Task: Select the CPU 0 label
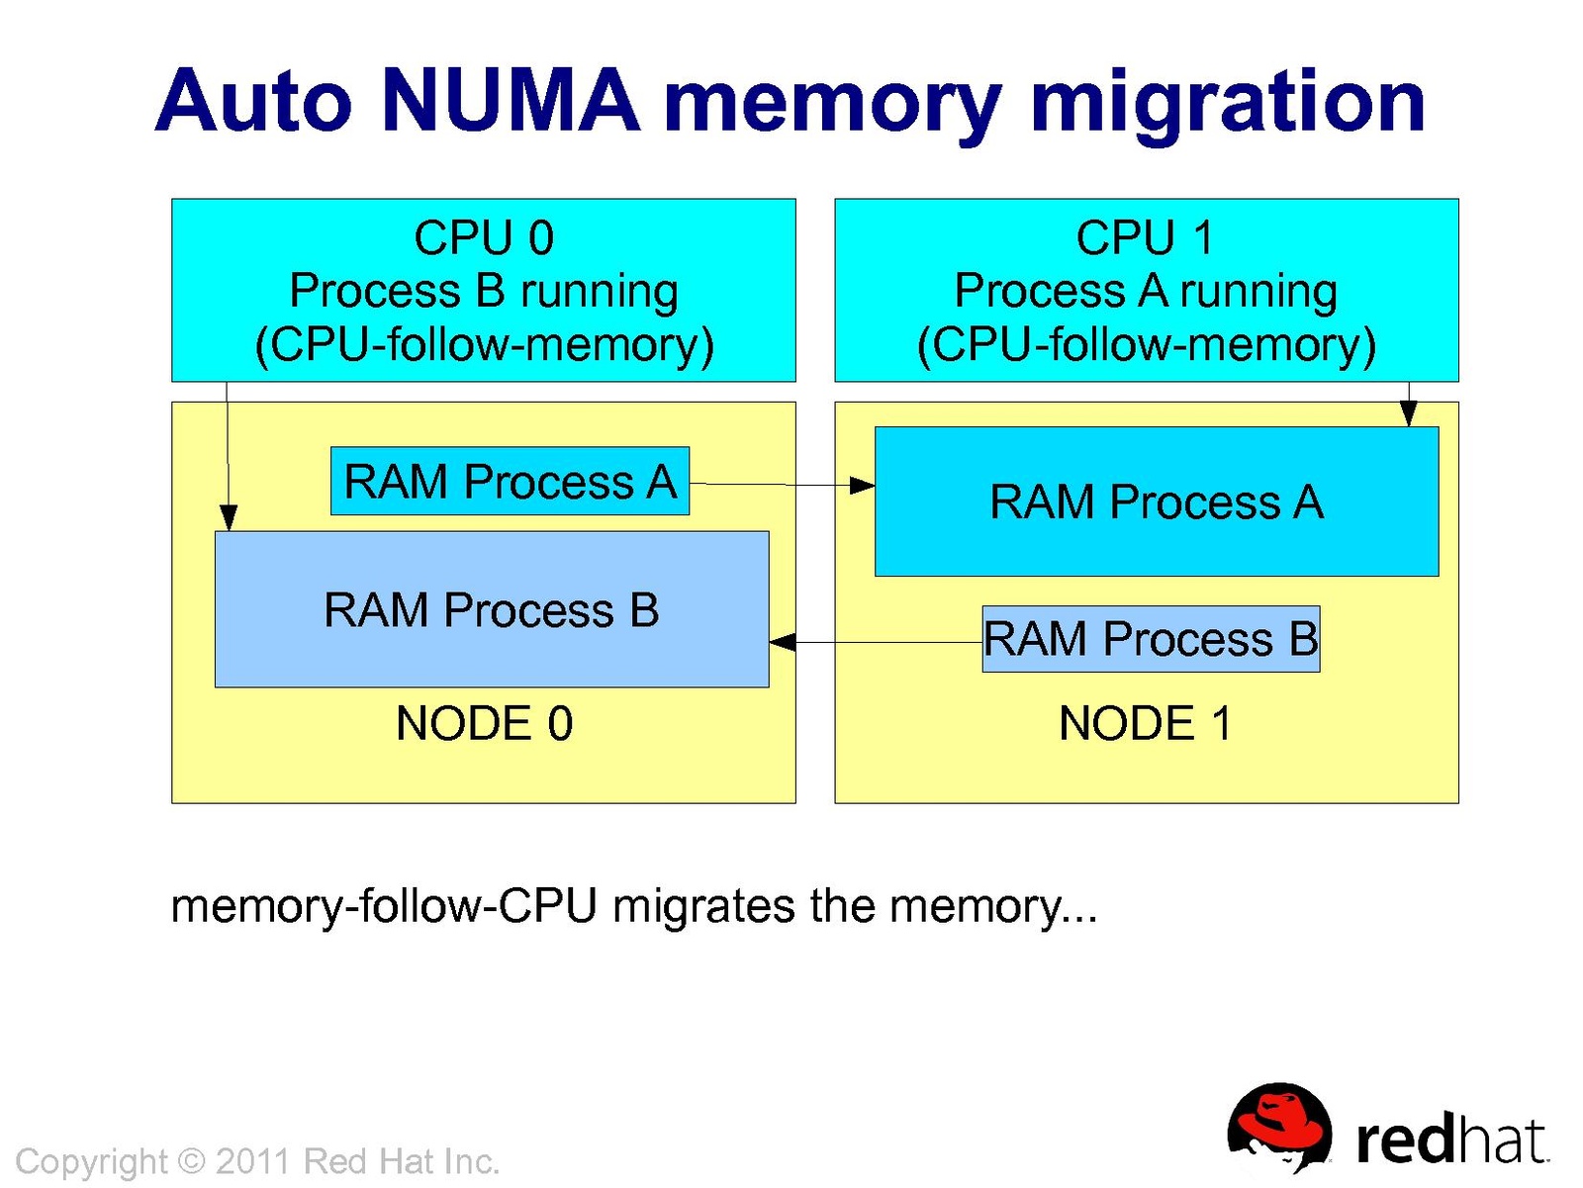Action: [x=484, y=238]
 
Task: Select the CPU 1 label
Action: [x=1145, y=238]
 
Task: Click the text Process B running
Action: [x=484, y=291]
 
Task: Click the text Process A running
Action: [x=1146, y=291]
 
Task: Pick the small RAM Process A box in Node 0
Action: [x=510, y=482]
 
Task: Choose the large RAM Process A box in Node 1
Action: [x=1156, y=502]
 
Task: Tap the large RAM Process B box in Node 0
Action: [x=492, y=609]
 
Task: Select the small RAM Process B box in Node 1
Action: [x=1151, y=639]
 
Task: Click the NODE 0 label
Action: [x=484, y=723]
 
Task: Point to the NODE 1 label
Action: [x=1146, y=723]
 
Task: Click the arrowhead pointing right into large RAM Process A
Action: [x=863, y=485]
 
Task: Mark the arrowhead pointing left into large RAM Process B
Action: [x=783, y=643]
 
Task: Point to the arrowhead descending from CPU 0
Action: [x=228, y=517]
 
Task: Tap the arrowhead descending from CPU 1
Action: [x=1409, y=413]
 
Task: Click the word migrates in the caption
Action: [x=703, y=906]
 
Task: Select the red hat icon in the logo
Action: [x=1278, y=1127]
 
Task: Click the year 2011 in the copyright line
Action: [x=254, y=1161]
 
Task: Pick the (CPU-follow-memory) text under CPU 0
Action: [x=484, y=345]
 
